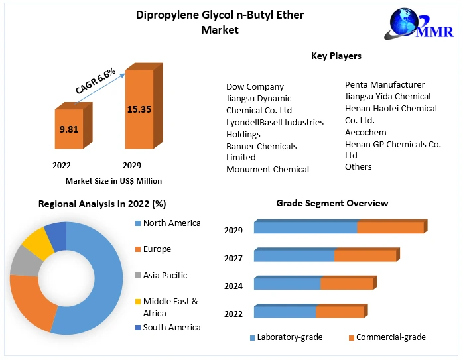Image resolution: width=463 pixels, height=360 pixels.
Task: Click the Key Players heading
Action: pos(336,56)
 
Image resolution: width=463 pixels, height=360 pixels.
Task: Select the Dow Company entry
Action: pos(255,86)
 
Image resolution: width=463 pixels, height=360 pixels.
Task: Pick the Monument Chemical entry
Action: pos(267,169)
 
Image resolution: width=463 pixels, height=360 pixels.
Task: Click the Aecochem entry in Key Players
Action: pos(365,132)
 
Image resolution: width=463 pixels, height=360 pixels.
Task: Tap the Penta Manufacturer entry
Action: pos(385,84)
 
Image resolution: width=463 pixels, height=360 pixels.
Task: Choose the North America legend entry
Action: pos(171,223)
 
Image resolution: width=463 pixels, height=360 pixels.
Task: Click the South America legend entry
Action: pos(171,327)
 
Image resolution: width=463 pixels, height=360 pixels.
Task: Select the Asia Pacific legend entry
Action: pos(165,275)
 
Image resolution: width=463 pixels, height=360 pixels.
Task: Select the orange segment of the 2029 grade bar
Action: pos(390,227)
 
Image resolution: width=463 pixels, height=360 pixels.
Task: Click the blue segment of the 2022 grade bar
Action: pos(285,312)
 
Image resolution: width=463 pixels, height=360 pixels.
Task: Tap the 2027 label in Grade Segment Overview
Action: pos(233,259)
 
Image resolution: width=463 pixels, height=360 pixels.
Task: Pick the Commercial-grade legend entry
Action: pos(391,337)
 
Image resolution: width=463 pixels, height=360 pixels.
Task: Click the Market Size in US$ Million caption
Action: pos(113,180)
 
